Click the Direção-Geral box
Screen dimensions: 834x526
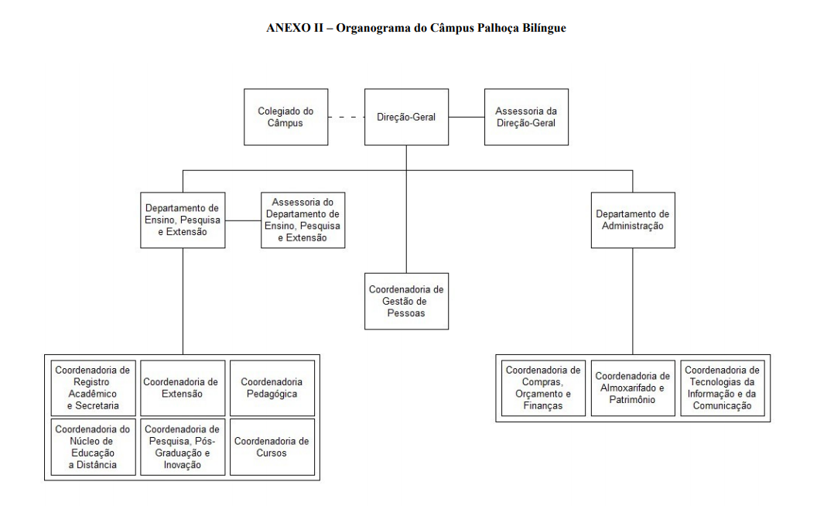[x=406, y=117]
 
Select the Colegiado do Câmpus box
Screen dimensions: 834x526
[x=286, y=117]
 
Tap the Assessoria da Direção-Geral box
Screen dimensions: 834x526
[x=527, y=117]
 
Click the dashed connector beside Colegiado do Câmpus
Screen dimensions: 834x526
[x=347, y=117]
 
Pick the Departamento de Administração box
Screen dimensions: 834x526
[x=633, y=220]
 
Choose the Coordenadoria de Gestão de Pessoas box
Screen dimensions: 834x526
[x=406, y=301]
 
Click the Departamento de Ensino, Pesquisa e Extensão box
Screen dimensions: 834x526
[x=183, y=220]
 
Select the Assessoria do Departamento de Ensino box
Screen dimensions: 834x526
[x=303, y=220]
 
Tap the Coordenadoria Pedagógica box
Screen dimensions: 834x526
[x=272, y=388]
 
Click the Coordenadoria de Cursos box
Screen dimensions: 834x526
[x=272, y=447]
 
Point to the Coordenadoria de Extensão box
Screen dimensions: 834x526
[x=183, y=388]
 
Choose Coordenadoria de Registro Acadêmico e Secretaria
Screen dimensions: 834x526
[x=93, y=388]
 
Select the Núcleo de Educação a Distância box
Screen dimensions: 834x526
[x=93, y=447]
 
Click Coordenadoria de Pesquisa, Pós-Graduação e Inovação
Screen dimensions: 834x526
[x=183, y=447]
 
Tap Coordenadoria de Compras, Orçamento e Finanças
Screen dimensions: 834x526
[x=544, y=388]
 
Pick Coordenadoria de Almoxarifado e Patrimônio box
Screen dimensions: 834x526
[x=633, y=388]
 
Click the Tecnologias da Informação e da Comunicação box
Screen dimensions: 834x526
[x=723, y=388]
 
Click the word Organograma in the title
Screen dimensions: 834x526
[x=374, y=28]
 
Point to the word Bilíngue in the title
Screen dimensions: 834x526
[x=544, y=28]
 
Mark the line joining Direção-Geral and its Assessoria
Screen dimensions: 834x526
[x=467, y=117]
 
